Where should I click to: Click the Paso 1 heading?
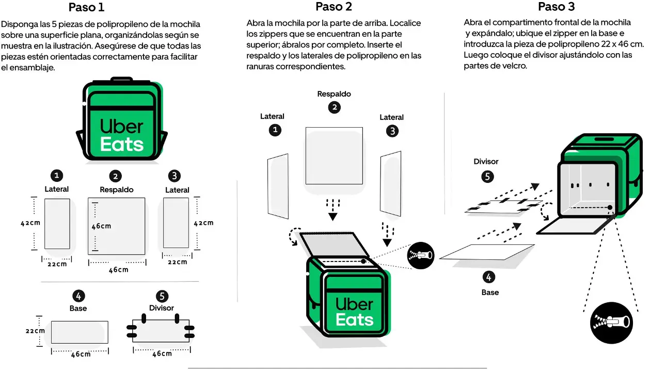click(86, 7)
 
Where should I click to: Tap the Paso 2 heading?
click(334, 7)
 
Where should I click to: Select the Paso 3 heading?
click(556, 7)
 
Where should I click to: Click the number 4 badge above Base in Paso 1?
click(78, 296)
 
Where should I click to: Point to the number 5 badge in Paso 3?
click(487, 177)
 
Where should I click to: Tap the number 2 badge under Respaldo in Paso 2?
click(335, 107)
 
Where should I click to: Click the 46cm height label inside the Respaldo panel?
click(102, 226)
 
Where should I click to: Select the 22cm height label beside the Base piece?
click(35, 331)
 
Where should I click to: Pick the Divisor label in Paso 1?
click(162, 308)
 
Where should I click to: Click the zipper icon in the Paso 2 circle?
click(421, 255)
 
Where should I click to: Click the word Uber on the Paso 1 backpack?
click(122, 126)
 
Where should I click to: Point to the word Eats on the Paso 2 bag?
click(354, 320)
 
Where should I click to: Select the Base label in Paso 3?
click(490, 292)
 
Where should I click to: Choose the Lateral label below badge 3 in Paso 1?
click(177, 190)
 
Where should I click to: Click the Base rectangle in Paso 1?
click(80, 332)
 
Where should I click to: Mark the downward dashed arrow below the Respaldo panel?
click(333, 208)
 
